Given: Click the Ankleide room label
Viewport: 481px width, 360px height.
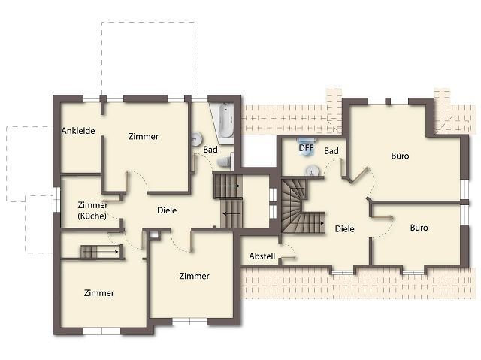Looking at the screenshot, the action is [78, 131].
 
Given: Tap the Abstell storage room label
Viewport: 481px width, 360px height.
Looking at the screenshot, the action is [262, 256].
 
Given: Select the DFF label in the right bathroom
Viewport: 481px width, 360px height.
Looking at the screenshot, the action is [306, 148].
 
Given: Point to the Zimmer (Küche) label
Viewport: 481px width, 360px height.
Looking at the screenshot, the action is [92, 210].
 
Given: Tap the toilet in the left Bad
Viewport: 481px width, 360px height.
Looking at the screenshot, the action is [224, 162].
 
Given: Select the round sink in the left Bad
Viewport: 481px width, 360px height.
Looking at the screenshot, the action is [196, 139].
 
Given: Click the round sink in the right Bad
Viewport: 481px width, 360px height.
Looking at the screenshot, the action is [313, 171].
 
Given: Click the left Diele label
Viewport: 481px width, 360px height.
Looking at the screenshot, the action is [167, 210].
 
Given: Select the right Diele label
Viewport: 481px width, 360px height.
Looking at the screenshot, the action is [344, 228].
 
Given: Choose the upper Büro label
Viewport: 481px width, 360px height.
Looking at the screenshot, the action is [400, 156].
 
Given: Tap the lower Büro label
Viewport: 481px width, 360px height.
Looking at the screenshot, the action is [419, 228].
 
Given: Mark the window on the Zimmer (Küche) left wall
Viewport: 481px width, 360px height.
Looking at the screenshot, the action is [57, 199].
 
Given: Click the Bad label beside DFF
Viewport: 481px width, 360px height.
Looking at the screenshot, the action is [331, 151].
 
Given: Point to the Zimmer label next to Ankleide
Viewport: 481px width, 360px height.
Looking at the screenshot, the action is [144, 136].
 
